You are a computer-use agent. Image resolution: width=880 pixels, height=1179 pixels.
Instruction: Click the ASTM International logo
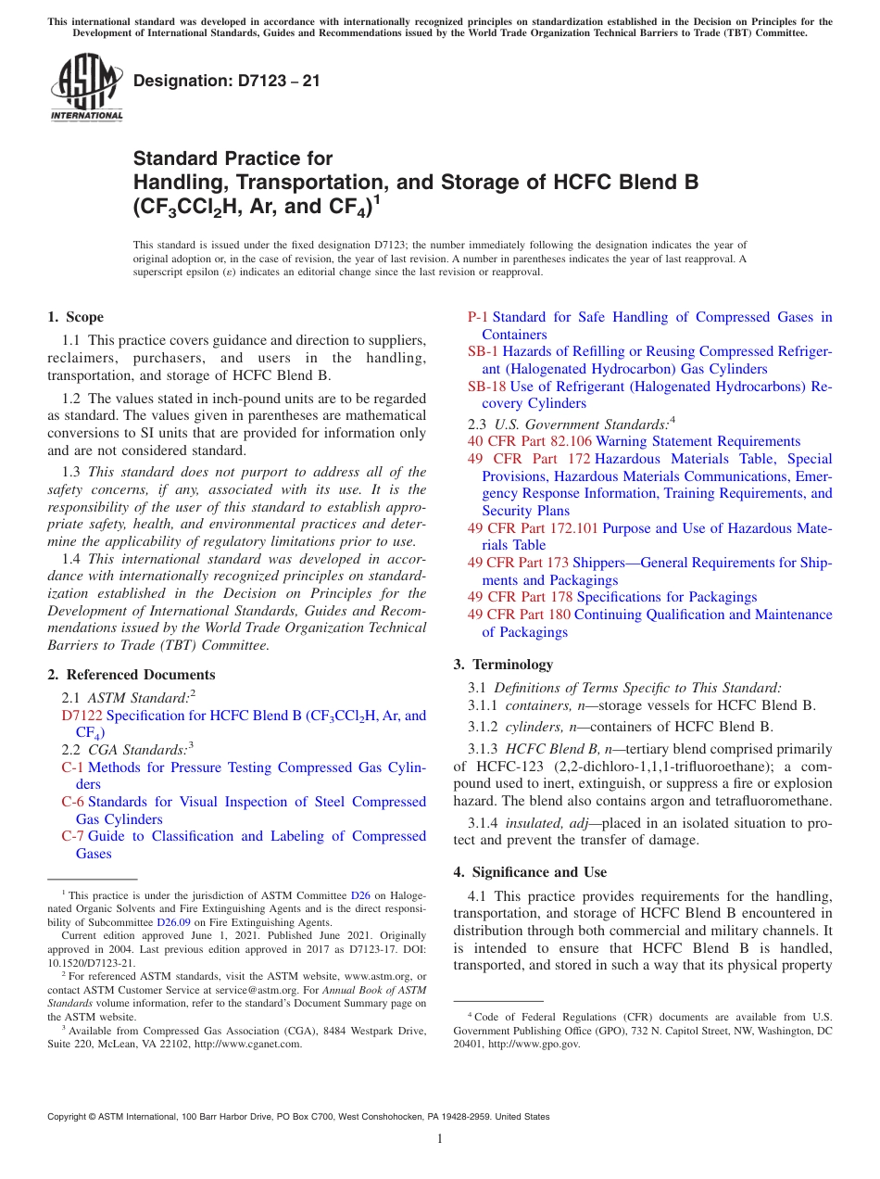point(85,88)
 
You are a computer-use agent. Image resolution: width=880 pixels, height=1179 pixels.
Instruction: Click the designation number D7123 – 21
point(227,81)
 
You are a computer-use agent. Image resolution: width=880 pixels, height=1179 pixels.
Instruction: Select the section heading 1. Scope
point(76,317)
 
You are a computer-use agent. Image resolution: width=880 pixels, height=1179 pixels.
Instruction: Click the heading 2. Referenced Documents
point(132,675)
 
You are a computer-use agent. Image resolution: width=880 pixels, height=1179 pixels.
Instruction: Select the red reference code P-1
point(478,317)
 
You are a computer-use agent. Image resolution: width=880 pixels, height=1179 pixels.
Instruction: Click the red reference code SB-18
point(486,387)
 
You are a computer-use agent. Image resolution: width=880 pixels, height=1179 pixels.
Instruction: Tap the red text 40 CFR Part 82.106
point(529,441)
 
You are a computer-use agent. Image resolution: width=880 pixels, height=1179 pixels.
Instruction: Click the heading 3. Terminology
point(503,665)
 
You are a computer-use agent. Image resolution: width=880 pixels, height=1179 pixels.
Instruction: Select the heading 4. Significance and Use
point(530,872)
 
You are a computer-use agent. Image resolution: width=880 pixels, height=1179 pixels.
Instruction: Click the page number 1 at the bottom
point(440,1139)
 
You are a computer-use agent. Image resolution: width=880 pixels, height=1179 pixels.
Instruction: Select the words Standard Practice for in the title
point(233,158)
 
